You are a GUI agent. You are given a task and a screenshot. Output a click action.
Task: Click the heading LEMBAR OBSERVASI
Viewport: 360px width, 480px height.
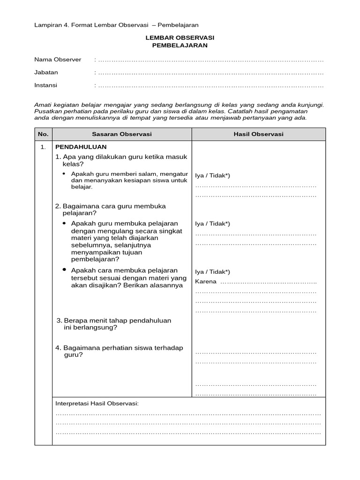tap(180, 37)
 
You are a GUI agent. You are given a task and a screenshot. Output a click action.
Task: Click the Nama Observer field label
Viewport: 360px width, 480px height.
tap(58, 60)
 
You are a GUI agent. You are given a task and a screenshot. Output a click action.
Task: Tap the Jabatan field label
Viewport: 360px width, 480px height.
tap(46, 73)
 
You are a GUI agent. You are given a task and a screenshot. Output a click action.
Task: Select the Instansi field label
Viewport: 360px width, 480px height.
tap(46, 85)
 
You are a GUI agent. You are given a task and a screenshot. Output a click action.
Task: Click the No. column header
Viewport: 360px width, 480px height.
tap(43, 134)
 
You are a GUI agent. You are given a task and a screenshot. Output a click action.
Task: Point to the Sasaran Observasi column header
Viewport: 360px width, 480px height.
tap(121, 134)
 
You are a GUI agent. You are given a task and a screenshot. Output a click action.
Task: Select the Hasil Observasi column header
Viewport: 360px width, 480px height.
tap(258, 134)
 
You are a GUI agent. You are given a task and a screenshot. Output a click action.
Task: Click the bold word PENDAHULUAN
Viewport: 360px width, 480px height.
tap(81, 147)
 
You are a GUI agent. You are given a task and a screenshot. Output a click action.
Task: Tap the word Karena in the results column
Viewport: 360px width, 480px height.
tap(206, 282)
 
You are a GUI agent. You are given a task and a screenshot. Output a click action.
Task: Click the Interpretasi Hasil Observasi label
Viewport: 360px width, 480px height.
tap(97, 404)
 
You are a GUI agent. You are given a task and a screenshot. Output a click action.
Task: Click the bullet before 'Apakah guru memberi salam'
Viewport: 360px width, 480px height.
tap(64, 173)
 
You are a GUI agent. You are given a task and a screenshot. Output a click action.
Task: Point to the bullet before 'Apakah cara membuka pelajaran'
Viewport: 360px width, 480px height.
tap(64, 270)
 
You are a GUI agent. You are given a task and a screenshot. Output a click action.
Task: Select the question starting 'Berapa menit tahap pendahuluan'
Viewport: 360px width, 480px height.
tap(113, 324)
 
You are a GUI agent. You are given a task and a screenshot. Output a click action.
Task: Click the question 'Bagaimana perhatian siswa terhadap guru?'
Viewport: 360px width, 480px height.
tap(119, 351)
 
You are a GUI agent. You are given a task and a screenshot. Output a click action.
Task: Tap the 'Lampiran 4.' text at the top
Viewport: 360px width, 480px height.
tap(51, 25)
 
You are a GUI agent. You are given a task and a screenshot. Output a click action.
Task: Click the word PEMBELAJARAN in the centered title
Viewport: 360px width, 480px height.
tap(180, 45)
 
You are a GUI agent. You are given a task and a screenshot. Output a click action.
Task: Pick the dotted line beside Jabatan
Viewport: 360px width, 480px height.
tap(211, 73)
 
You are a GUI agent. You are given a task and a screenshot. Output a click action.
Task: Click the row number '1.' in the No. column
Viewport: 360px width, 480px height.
tap(43, 147)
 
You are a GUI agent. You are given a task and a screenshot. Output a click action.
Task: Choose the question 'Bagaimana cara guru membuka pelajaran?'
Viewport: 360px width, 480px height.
tap(110, 209)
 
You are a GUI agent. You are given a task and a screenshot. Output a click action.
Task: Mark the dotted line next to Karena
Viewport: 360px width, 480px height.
tap(269, 282)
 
